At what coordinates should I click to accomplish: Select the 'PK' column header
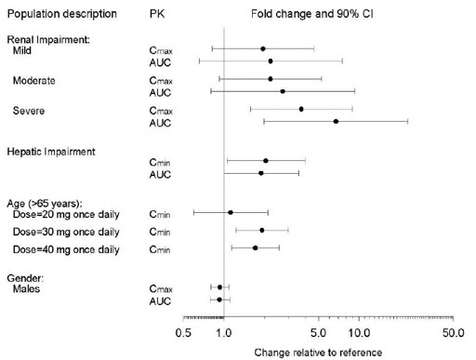tap(157, 16)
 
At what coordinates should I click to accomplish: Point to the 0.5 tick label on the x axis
tap(183, 332)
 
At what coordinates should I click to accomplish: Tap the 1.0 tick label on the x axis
tap(224, 332)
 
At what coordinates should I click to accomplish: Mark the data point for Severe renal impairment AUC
tap(336, 122)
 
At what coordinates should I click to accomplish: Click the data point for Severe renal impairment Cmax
tap(301, 109)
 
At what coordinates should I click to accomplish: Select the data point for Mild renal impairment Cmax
tap(263, 48)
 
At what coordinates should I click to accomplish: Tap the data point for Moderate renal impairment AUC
tap(283, 91)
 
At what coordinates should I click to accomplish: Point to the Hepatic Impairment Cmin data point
tap(266, 161)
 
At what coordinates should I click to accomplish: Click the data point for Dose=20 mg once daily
tap(231, 212)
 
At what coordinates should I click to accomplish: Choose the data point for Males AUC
tap(219, 300)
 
